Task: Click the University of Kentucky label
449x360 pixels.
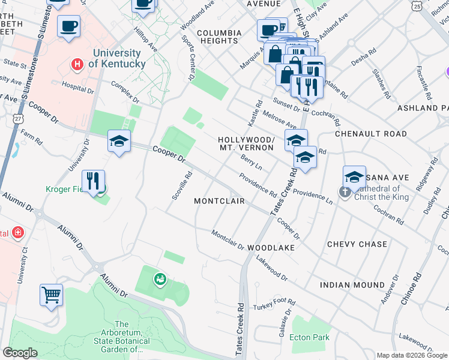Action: (117, 58)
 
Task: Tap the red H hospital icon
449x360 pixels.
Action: (77, 63)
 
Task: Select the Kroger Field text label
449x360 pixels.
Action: (67, 189)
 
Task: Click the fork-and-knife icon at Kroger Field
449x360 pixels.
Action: (93, 181)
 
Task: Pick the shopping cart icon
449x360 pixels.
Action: (52, 295)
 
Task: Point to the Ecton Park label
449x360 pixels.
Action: (309, 337)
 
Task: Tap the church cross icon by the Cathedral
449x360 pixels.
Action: (345, 193)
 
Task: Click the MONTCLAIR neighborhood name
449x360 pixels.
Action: (219, 201)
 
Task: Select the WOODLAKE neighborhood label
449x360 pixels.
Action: (271, 247)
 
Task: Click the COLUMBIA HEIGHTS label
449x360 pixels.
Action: (219, 37)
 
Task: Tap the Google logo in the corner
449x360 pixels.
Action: (20, 353)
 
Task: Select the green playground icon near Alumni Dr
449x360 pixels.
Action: (159, 278)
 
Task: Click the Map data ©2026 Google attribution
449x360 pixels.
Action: (412, 355)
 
